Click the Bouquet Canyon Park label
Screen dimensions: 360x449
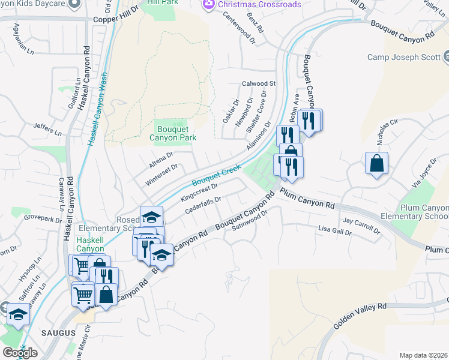[173, 133]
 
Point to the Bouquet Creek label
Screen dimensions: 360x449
[216, 175]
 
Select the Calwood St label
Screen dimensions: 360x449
[258, 83]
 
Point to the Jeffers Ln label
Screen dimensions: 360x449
[48, 128]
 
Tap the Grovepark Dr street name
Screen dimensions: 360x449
[43, 217]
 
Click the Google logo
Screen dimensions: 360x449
[20, 353]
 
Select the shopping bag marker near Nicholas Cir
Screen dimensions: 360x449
[376, 163]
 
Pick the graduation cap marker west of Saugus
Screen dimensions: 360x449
[17, 314]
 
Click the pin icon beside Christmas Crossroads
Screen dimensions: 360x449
[208, 4]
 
